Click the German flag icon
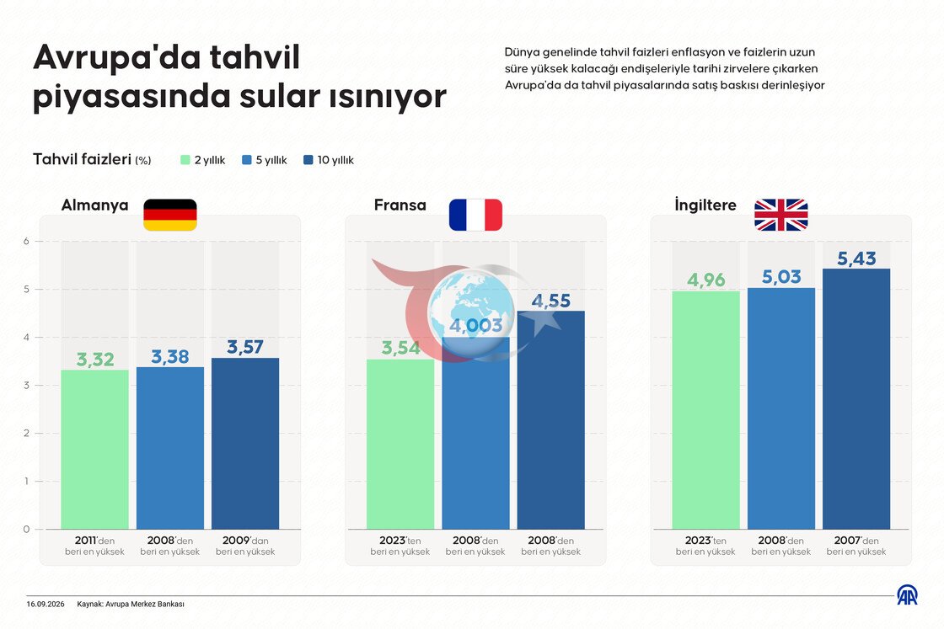[x=169, y=215]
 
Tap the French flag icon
[x=475, y=215]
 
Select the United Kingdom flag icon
[x=780, y=215]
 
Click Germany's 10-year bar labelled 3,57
[x=245, y=444]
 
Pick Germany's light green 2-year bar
[x=94, y=450]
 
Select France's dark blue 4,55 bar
[x=551, y=419]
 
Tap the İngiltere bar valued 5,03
[x=780, y=408]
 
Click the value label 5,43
[x=856, y=259]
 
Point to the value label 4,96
[x=705, y=280]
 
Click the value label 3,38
[x=169, y=356]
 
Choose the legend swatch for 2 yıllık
[x=185, y=160]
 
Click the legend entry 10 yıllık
[x=329, y=160]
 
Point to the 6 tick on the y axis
[x=26, y=241]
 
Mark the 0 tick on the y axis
[x=26, y=529]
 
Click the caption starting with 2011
[x=94, y=546]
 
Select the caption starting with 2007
[x=856, y=546]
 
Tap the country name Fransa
[x=400, y=205]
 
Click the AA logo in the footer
[x=907, y=595]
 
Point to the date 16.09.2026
[x=46, y=605]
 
